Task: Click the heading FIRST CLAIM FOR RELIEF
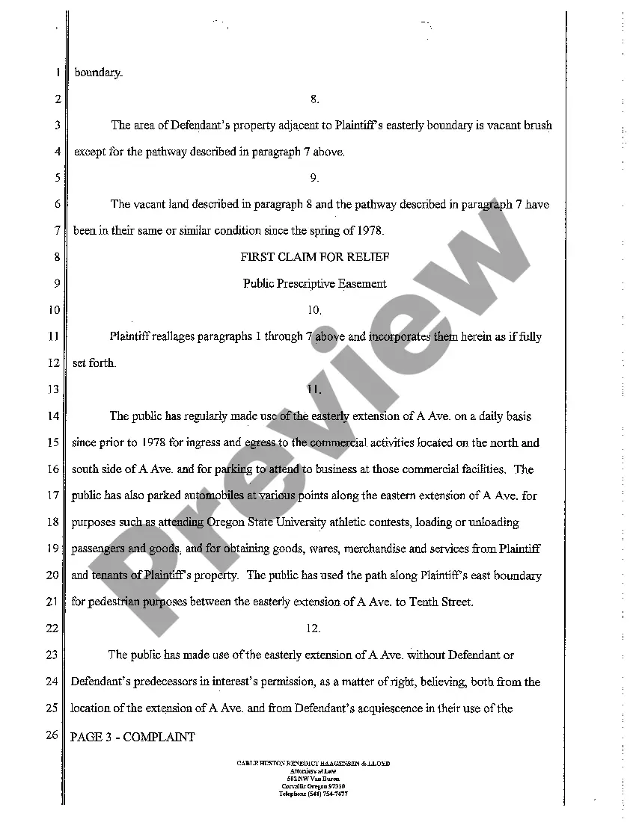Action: click(x=314, y=257)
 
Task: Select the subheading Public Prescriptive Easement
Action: click(x=314, y=283)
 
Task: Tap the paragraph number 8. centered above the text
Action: click(x=314, y=99)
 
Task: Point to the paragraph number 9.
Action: click(x=314, y=178)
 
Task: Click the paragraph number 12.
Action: click(x=314, y=628)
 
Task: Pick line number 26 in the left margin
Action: click(x=52, y=736)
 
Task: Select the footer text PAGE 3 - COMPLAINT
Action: click(x=132, y=737)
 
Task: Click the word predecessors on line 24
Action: click(x=165, y=682)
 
